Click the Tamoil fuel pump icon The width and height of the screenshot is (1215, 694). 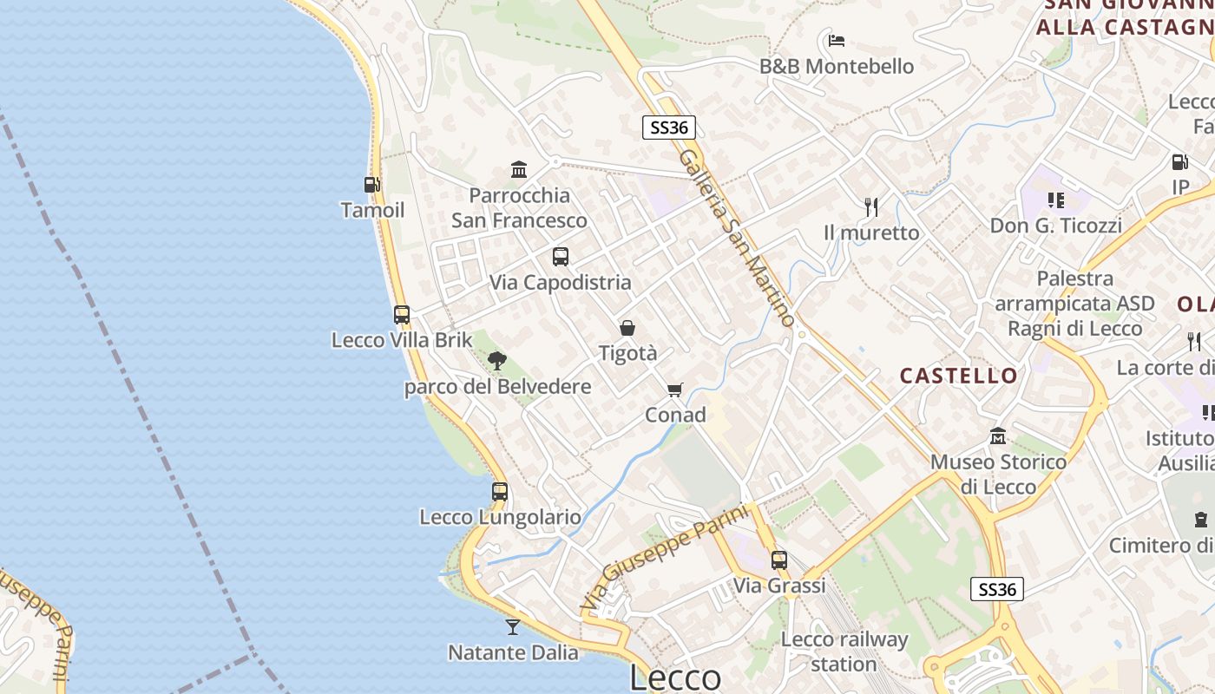[371, 184]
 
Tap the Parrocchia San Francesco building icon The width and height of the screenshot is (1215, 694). [519, 169]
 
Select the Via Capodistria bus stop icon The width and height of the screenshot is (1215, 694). [561, 256]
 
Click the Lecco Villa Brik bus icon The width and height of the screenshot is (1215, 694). [402, 314]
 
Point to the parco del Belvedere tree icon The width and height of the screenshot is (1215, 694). [496, 360]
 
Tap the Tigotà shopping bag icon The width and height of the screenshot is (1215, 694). [627, 328]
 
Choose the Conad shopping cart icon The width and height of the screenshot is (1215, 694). [675, 390]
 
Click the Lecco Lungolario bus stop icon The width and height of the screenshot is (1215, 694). [500, 491]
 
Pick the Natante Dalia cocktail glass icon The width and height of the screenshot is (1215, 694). [513, 626]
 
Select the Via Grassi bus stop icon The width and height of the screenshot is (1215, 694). [779, 560]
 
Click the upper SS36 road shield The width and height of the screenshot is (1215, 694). [669, 128]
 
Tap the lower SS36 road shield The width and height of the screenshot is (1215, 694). [997, 590]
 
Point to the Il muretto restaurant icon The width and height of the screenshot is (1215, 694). [871, 206]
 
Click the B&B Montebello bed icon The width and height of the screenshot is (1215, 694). [837, 40]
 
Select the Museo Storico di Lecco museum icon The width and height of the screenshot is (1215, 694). [998, 435]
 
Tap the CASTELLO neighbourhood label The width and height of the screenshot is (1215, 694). [958, 376]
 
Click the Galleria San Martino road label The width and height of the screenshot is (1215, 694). [737, 238]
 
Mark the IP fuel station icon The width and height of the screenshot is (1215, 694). [1179, 161]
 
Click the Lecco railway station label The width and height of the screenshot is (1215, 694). [844, 651]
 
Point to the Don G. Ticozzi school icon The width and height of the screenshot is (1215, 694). [1056, 200]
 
